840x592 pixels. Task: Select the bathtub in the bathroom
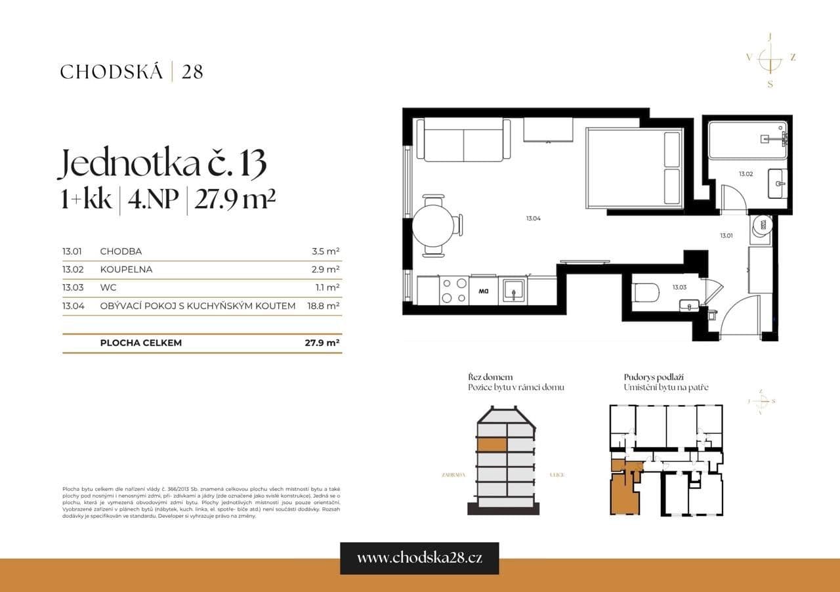pyautogui.click(x=747, y=139)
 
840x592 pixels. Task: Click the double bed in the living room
pyautogui.click(x=634, y=169)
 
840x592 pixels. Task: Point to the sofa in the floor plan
pyautogui.click(x=463, y=140)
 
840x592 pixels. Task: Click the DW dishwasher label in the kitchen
pyautogui.click(x=484, y=290)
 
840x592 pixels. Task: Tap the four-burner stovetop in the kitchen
pyautogui.click(x=453, y=290)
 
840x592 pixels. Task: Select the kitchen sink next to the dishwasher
pyautogui.click(x=513, y=289)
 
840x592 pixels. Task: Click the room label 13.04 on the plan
pyautogui.click(x=532, y=219)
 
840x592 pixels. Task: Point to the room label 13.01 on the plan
pyautogui.click(x=726, y=235)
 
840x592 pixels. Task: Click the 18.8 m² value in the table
pyautogui.click(x=323, y=306)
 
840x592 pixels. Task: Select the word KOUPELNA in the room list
pyautogui.click(x=126, y=269)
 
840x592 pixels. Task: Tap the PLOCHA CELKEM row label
pyautogui.click(x=141, y=343)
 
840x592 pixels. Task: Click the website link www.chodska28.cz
pyautogui.click(x=419, y=558)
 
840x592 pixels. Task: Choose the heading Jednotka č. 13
pyautogui.click(x=162, y=163)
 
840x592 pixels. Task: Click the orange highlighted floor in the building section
pyautogui.click(x=492, y=444)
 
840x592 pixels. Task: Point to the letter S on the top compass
pyautogui.click(x=770, y=84)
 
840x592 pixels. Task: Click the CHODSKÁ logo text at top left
pyautogui.click(x=111, y=72)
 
